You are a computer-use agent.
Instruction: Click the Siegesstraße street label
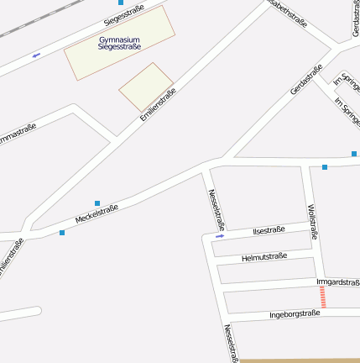pyautogui.click(x=123, y=14)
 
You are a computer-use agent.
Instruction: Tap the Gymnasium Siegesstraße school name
pyautogui.click(x=119, y=43)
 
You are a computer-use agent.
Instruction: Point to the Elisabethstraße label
pyautogui.click(x=287, y=13)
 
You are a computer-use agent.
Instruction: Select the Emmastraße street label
pyautogui.click(x=17, y=134)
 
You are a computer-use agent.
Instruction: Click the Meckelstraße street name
pyautogui.click(x=97, y=213)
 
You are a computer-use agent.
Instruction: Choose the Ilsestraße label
pyautogui.click(x=269, y=229)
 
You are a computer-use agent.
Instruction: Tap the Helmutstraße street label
pyautogui.click(x=263, y=256)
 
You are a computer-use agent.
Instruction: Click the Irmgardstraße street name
pyautogui.click(x=338, y=282)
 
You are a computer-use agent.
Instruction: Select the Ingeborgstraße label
pyautogui.click(x=295, y=314)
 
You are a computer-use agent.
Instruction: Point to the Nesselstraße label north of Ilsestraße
pyautogui.click(x=216, y=208)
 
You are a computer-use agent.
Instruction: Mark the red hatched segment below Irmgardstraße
pyautogui.click(x=322, y=297)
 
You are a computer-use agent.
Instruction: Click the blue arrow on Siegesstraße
pyautogui.click(x=36, y=55)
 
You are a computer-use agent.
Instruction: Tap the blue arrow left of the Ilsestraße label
pyautogui.click(x=220, y=236)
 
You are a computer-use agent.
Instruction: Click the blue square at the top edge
pyautogui.click(x=121, y=3)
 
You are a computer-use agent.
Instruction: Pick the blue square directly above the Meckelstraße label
pyautogui.click(x=97, y=203)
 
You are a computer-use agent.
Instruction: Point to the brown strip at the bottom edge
pyautogui.click(x=299, y=360)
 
